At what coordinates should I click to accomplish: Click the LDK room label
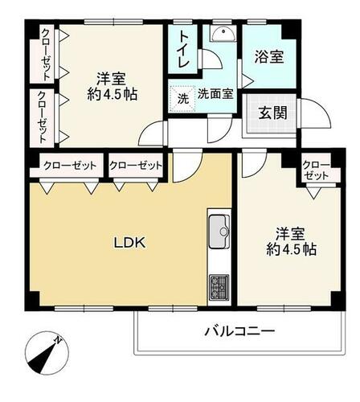click(x=129, y=243)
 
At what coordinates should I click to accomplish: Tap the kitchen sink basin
click(x=219, y=232)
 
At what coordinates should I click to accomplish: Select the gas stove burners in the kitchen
click(x=219, y=287)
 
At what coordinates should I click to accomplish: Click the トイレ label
click(x=184, y=49)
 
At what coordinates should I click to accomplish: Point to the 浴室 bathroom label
click(x=269, y=57)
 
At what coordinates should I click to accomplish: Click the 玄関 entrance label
click(x=273, y=113)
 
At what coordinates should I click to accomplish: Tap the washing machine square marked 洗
click(x=183, y=99)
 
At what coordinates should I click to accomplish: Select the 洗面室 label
click(x=215, y=93)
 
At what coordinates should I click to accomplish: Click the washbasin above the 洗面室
click(x=223, y=33)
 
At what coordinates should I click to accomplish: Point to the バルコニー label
click(x=239, y=331)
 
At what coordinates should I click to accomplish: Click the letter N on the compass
click(x=58, y=341)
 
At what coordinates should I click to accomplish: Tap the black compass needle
click(x=44, y=357)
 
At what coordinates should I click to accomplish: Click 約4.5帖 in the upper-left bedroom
click(x=112, y=94)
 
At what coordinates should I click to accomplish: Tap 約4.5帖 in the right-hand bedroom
click(x=292, y=249)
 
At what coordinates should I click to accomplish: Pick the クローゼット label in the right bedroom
click(x=316, y=170)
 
